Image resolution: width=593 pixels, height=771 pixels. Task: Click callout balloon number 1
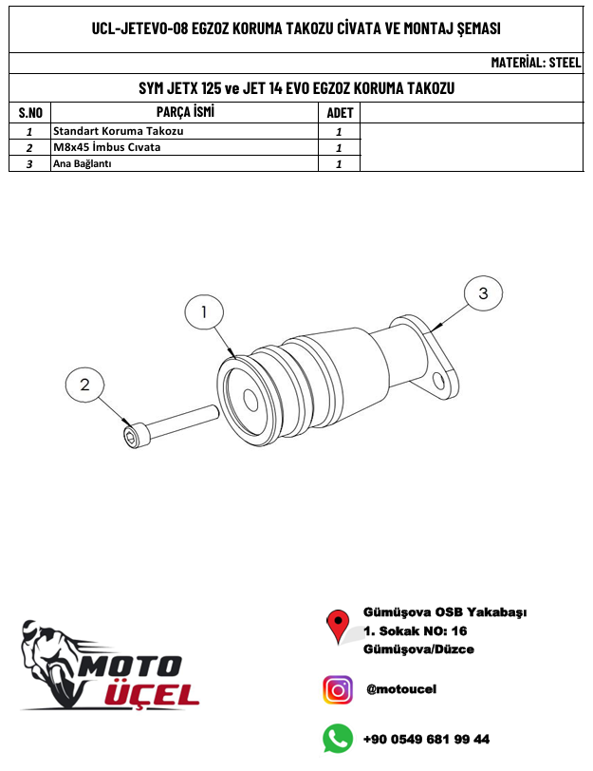[x=204, y=313]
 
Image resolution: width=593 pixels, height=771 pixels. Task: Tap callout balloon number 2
[x=84, y=385]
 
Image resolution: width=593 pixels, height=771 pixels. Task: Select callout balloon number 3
[x=484, y=294]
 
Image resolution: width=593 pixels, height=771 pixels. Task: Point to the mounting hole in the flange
[x=439, y=381]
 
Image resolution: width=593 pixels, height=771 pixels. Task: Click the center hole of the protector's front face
[x=250, y=402]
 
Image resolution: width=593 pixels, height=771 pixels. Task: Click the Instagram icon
[x=338, y=690]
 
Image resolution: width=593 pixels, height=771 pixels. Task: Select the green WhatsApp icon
[x=338, y=739]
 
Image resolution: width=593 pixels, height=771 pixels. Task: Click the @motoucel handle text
[x=401, y=689]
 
